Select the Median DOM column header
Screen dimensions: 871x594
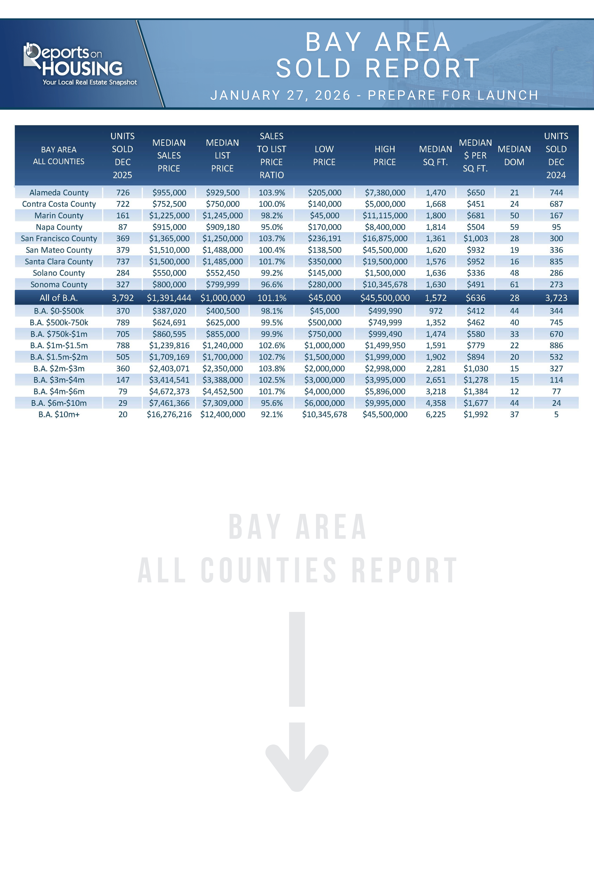(x=514, y=156)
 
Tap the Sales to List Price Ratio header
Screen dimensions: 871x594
(x=271, y=156)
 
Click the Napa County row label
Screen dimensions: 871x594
(x=59, y=227)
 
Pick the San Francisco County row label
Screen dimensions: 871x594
(x=59, y=238)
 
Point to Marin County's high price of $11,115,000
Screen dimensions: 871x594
(x=385, y=216)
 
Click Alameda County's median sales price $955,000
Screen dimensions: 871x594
(x=169, y=193)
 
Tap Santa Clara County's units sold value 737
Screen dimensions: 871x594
(x=123, y=262)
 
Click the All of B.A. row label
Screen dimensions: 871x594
(x=58, y=298)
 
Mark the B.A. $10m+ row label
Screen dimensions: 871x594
(x=59, y=414)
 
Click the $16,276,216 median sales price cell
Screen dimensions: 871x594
(x=169, y=414)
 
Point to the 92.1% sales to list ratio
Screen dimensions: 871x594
(x=272, y=414)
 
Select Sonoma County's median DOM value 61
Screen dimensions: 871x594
(x=514, y=285)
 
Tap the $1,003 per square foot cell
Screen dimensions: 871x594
(x=475, y=238)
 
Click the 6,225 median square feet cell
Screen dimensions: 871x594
(x=436, y=414)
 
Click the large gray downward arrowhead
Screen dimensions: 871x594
(x=297, y=761)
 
